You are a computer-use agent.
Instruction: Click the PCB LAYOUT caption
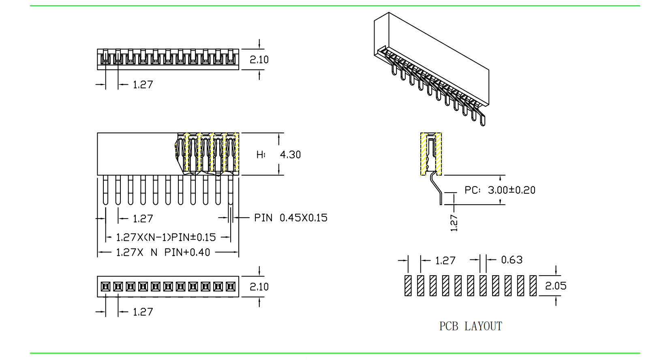[x=471, y=326]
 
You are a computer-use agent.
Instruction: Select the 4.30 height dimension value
[x=290, y=155]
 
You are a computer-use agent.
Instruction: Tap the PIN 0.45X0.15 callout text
[x=291, y=218]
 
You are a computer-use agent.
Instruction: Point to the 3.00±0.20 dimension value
[x=512, y=190]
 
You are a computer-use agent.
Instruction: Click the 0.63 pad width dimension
[x=512, y=260]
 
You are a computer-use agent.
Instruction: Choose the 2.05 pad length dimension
[x=556, y=286]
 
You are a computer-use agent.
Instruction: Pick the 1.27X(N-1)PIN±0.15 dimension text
[x=166, y=237]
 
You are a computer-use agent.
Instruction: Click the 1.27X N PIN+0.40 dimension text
[x=163, y=253]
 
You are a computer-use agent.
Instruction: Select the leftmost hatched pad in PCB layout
[x=408, y=285]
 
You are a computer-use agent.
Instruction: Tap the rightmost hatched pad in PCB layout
[x=533, y=285]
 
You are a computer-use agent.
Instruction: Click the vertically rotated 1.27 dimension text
[x=454, y=223]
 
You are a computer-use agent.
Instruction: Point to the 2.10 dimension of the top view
[x=259, y=60]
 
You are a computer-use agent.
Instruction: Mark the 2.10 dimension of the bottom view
[x=259, y=287]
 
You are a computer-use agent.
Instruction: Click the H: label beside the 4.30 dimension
[x=261, y=155]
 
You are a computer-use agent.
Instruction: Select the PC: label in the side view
[x=472, y=190]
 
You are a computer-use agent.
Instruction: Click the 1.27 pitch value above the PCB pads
[x=445, y=261]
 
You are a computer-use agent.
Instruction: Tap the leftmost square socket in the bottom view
[x=105, y=287]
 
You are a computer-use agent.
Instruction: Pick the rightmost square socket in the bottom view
[x=231, y=287]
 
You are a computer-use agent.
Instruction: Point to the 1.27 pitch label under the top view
[x=143, y=85]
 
